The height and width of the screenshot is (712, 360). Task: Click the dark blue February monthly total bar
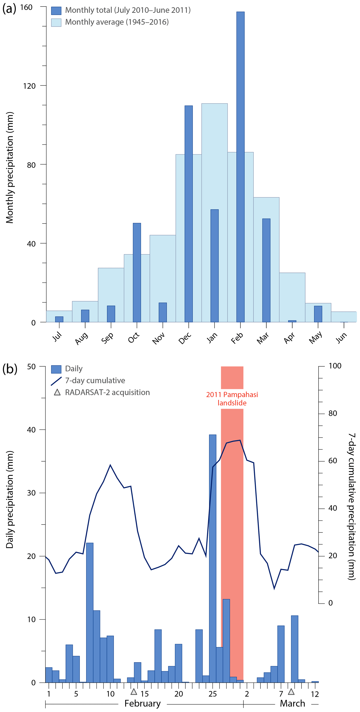coord(240,166)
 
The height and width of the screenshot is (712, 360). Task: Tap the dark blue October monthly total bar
coord(137,272)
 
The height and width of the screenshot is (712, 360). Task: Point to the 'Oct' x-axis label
coord(134,338)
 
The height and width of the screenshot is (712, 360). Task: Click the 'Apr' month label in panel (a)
coord(289,338)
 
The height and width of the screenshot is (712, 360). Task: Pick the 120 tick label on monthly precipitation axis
coord(29,86)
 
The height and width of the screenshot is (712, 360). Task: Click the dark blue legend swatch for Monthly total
coord(56,10)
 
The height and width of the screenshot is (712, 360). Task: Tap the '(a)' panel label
coord(9,9)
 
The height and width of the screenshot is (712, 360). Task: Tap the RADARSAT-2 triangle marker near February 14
coord(134,692)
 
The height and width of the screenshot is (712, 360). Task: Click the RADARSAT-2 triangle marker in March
coord(291,692)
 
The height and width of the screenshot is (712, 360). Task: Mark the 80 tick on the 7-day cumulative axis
coord(333,413)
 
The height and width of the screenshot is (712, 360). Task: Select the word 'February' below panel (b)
coord(142,703)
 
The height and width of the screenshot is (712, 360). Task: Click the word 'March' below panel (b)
coord(292,703)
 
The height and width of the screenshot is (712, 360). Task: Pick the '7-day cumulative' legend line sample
coord(56,381)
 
